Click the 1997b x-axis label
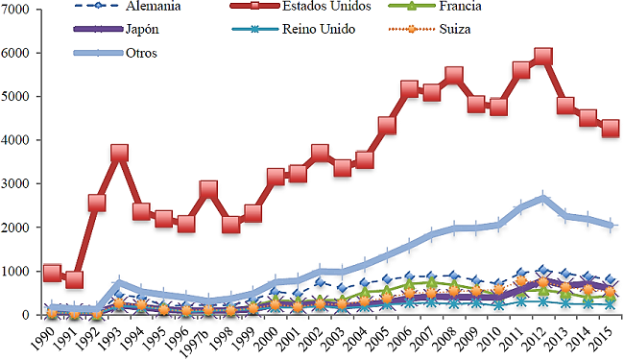[x=197, y=340]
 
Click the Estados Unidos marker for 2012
[x=543, y=58]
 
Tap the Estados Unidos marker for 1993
[x=119, y=153]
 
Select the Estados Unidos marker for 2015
[x=611, y=128]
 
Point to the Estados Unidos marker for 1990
[x=52, y=273]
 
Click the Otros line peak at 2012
[x=543, y=199]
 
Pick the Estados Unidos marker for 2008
[x=454, y=76]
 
